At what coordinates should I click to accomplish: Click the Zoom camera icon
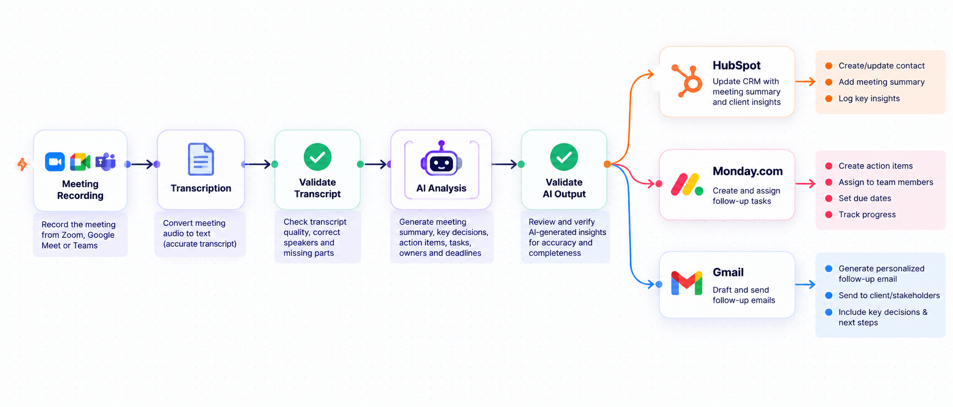(55, 162)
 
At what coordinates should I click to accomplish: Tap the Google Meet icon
(80, 162)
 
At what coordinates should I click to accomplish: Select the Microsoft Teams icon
(105, 162)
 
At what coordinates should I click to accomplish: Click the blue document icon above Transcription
(201, 159)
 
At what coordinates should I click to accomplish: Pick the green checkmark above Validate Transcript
(318, 157)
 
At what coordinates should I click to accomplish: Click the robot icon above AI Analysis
(441, 159)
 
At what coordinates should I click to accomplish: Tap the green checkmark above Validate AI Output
(564, 157)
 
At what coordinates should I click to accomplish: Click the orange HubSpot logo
(687, 81)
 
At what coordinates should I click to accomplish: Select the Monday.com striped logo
(687, 184)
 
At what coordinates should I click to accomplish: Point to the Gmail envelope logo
(687, 283)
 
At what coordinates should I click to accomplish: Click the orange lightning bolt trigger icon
(22, 164)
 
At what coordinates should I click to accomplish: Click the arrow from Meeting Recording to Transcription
(142, 164)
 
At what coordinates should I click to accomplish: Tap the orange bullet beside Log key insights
(829, 98)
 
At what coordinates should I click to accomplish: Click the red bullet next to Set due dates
(829, 198)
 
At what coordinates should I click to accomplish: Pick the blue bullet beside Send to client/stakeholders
(829, 295)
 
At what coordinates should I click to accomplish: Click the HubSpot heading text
(736, 66)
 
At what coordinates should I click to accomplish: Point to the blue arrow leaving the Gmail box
(805, 284)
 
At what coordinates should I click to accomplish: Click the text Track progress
(867, 214)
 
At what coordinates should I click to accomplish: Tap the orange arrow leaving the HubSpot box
(805, 81)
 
